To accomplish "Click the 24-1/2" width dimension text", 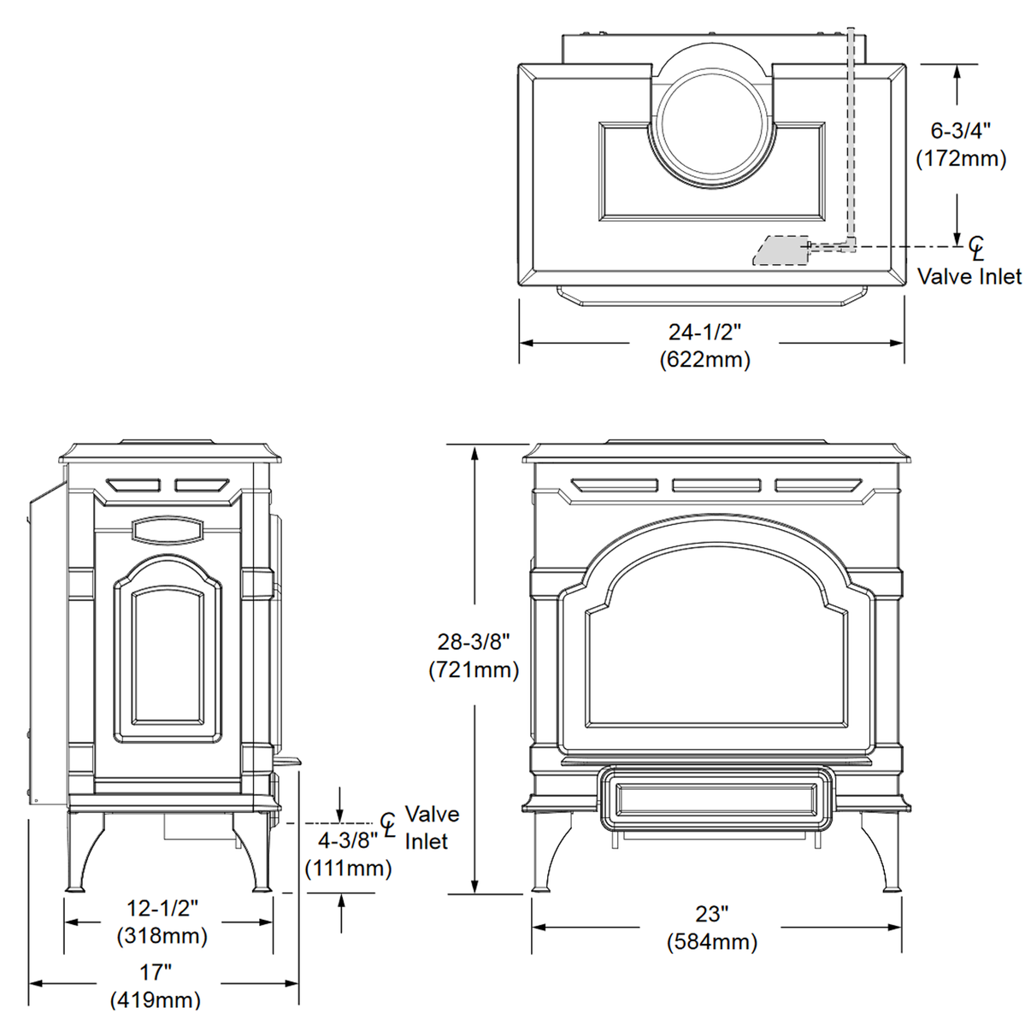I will (x=704, y=332).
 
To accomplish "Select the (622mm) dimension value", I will (x=704, y=360).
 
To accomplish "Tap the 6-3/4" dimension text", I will (x=961, y=131).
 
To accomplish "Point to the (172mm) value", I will (x=961, y=159).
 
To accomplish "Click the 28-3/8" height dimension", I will (x=474, y=641).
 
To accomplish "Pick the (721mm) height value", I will (x=474, y=669).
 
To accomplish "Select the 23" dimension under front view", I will (x=711, y=914).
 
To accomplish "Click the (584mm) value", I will (x=711, y=942).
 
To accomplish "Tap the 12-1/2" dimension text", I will (x=162, y=908).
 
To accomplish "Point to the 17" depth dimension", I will (x=156, y=972).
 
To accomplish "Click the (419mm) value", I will (x=156, y=1000).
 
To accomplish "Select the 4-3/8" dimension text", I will (x=348, y=840).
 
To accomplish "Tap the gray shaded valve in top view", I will (x=780, y=250).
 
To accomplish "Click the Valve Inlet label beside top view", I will (x=969, y=277).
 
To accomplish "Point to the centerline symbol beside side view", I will (x=388, y=825).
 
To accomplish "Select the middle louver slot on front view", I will (x=716, y=486).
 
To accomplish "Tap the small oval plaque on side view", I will (x=168, y=530).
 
